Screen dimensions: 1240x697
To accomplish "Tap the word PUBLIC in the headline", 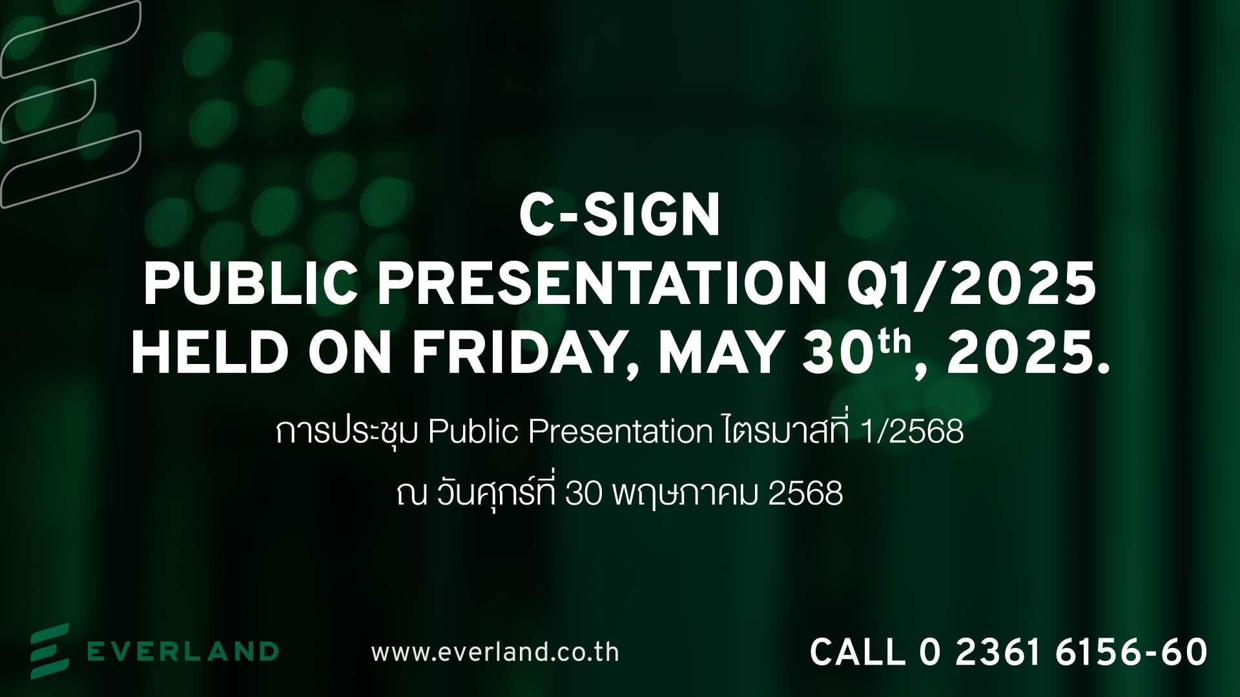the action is (x=251, y=284).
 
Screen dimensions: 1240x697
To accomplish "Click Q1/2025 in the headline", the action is (x=971, y=285).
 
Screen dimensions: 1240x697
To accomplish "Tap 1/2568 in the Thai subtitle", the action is (x=912, y=431).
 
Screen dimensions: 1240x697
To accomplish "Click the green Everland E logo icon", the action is (x=50, y=651).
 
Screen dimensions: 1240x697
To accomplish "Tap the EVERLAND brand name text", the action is (x=183, y=651).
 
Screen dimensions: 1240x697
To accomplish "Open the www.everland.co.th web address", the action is (x=495, y=652).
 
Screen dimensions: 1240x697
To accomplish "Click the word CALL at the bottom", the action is (x=858, y=652).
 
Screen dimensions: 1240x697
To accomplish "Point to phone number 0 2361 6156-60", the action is (x=1063, y=652).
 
